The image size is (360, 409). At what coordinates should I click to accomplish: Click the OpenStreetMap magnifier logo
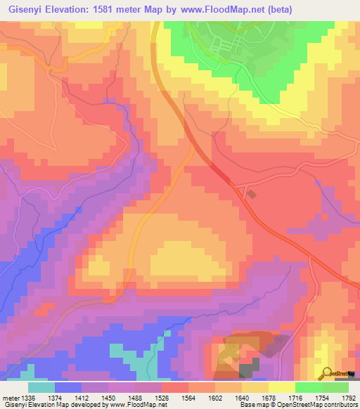[x=328, y=372]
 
